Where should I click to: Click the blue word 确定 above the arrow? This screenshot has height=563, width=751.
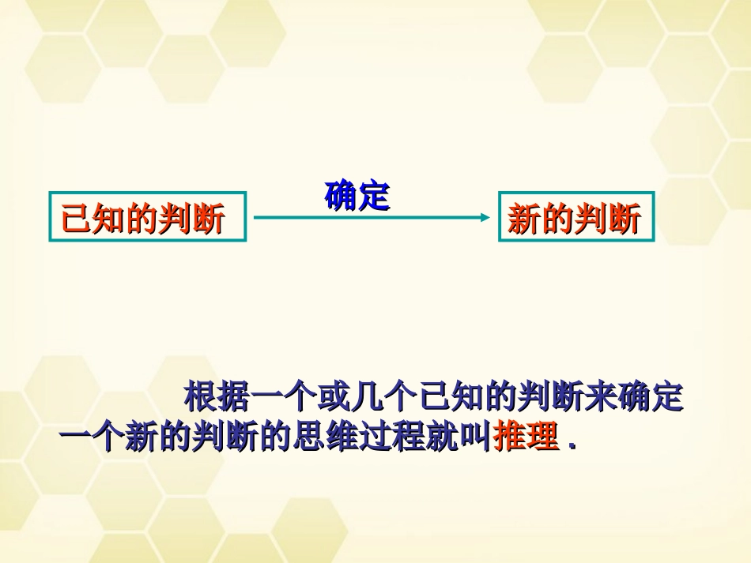(x=357, y=197)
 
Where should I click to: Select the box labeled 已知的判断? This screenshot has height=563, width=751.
(x=148, y=216)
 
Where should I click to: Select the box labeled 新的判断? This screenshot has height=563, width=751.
(x=576, y=216)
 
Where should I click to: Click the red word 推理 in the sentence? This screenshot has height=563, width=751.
(x=526, y=437)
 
